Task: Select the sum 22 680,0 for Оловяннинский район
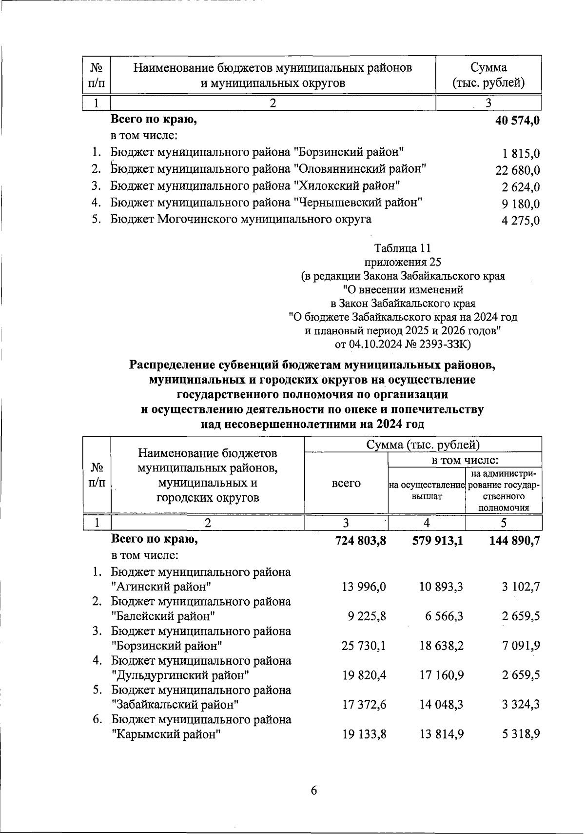(517, 171)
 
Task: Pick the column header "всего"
(346, 483)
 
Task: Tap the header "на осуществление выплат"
(427, 490)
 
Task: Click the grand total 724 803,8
(361, 541)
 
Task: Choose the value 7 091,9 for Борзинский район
(521, 646)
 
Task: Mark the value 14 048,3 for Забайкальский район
(441, 705)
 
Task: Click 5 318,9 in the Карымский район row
(521, 734)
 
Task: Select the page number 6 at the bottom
(313, 791)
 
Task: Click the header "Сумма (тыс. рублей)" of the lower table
(423, 445)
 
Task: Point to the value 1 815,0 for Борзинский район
(521, 154)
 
